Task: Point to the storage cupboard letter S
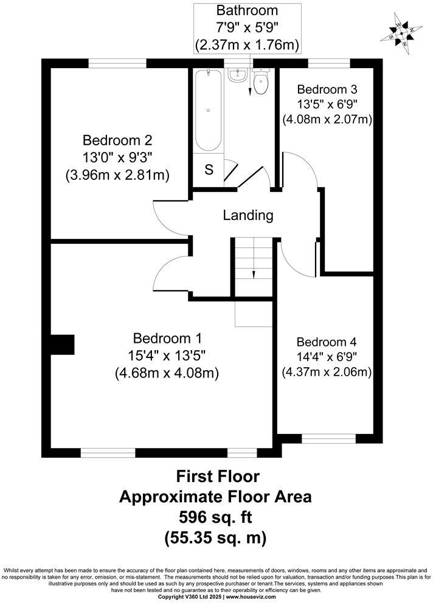(209, 170)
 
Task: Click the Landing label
(248, 215)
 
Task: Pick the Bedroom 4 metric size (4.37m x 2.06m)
(327, 371)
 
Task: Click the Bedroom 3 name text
(327, 88)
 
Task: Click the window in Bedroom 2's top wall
(117, 63)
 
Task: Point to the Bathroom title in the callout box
(247, 10)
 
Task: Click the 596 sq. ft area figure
(215, 517)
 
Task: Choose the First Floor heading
(215, 475)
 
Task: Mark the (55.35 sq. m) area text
(215, 538)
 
